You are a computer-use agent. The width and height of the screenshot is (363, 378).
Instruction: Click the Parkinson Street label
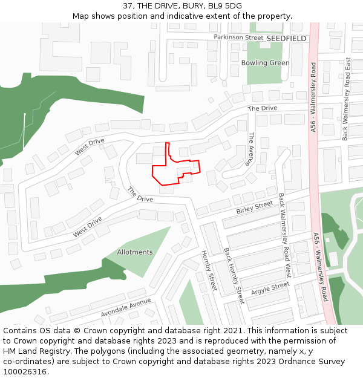click(238, 37)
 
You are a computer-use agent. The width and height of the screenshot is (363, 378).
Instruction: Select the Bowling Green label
click(265, 63)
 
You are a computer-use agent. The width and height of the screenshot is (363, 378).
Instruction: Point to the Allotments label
click(135, 252)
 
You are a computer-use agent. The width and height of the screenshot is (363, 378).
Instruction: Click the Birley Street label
click(255, 207)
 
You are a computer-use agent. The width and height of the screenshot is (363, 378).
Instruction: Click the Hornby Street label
click(209, 270)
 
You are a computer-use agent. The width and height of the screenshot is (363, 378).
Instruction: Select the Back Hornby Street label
click(234, 275)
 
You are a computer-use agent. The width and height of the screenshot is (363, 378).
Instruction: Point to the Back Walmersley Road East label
click(347, 99)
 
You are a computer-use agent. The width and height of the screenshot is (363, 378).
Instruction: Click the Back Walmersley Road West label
click(285, 235)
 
